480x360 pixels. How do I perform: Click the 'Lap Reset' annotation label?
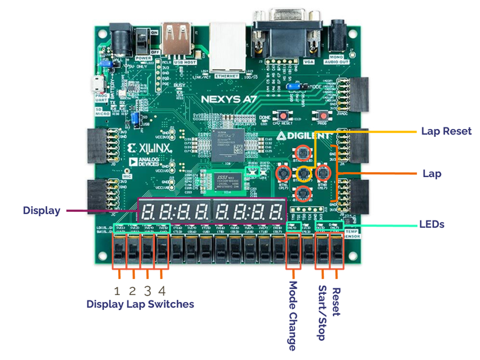[x=446, y=131]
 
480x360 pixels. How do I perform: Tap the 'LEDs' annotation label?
[x=431, y=225]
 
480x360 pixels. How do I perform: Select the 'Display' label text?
[x=42, y=211]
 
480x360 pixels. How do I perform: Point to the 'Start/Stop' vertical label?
[x=322, y=312]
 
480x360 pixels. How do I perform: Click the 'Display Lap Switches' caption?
[x=140, y=304]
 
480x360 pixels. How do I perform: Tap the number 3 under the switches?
[x=148, y=290]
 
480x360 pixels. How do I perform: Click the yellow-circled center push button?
[x=304, y=173]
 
